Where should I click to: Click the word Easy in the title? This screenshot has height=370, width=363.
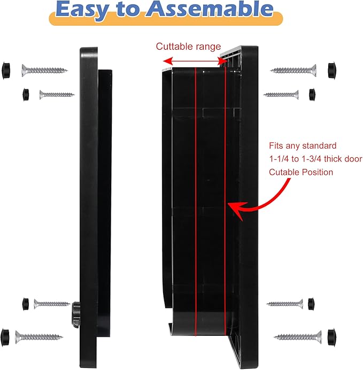[x=85, y=10]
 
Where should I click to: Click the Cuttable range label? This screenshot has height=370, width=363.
[x=188, y=47]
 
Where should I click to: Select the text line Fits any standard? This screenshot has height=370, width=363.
[x=303, y=145]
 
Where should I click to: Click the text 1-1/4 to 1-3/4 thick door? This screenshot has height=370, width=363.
[x=315, y=159]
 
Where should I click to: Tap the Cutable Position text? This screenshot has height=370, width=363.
[x=301, y=172]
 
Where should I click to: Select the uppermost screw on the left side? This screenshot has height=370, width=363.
[x=44, y=70]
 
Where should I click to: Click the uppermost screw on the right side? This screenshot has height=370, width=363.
[x=294, y=70]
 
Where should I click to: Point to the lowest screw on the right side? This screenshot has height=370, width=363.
[x=298, y=337]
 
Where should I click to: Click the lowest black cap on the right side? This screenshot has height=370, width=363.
[x=333, y=337]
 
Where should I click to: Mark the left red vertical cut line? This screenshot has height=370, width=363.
[x=196, y=203]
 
